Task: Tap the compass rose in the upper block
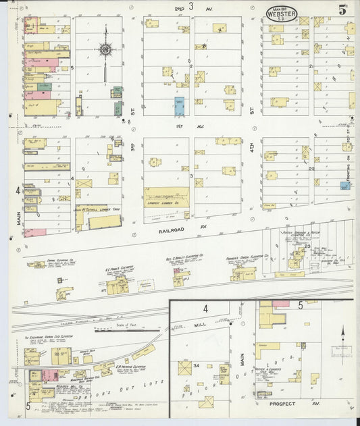coord(105,49)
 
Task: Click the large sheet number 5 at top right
coord(343,10)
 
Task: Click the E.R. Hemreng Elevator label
coord(128,368)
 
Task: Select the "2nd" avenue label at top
coord(179,7)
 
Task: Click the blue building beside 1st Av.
coord(180,105)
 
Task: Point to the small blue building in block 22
coord(344,185)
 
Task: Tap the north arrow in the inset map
coord(342,333)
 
